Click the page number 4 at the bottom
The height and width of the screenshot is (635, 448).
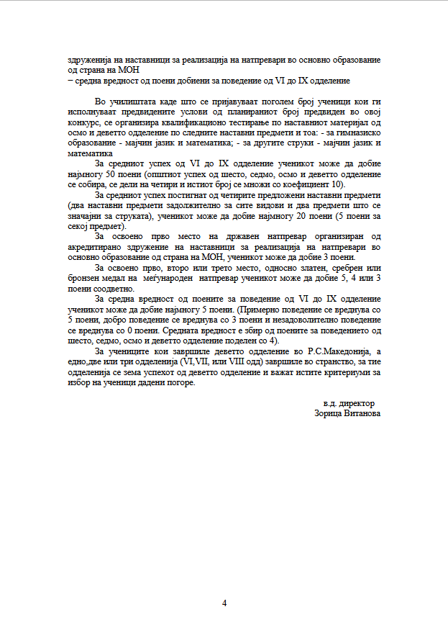tap(224, 603)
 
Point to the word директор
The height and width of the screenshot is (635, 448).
tap(357, 403)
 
